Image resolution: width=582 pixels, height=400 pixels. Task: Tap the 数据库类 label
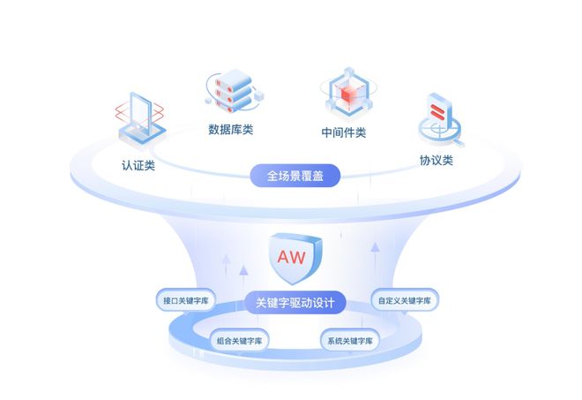point(230,130)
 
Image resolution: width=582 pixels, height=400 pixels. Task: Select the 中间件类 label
point(344,133)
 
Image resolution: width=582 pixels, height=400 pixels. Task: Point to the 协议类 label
point(436,161)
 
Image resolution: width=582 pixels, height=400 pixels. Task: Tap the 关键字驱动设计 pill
point(294,303)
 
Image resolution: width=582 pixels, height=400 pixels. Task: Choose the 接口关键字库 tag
point(185,300)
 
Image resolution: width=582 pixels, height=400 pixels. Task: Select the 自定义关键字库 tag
point(405,300)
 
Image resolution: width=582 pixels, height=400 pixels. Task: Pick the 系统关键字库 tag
point(349,339)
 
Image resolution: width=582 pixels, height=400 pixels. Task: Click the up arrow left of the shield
point(228,262)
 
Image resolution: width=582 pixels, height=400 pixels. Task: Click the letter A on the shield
point(283,257)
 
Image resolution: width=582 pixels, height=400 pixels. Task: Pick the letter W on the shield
point(301,257)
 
